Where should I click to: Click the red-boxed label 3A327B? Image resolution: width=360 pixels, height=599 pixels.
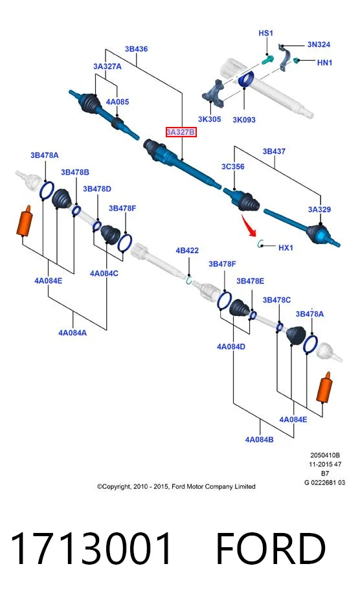pyautogui.click(x=181, y=132)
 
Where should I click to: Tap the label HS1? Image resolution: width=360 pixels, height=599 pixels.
pyautogui.click(x=265, y=33)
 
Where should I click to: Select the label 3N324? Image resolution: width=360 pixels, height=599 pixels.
pyautogui.click(x=319, y=44)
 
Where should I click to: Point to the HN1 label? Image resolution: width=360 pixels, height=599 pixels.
pyautogui.click(x=324, y=62)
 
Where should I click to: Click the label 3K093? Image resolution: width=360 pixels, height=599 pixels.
pyautogui.click(x=244, y=120)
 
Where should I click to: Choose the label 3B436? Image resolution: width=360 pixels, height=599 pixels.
pyautogui.click(x=136, y=49)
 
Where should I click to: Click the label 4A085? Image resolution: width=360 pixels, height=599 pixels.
pyautogui.click(x=117, y=102)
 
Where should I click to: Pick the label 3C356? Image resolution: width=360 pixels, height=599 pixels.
pyautogui.click(x=232, y=166)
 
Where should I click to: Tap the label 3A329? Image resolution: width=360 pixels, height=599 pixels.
pyautogui.click(x=319, y=209)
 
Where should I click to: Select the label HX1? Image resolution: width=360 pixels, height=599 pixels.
pyautogui.click(x=286, y=247)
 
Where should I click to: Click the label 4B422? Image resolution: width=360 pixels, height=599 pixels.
pyautogui.click(x=187, y=250)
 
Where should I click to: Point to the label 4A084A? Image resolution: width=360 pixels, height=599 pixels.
pyautogui.click(x=73, y=333)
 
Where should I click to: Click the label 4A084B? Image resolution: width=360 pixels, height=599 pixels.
pyautogui.click(x=259, y=439)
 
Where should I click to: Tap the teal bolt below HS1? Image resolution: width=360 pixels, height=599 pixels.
pyautogui.click(x=268, y=60)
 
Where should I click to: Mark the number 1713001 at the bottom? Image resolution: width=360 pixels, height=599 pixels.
pyautogui.click(x=91, y=548)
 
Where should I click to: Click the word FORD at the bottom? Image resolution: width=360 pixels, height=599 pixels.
pyautogui.click(x=271, y=548)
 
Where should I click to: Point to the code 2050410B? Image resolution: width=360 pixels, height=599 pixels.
pyautogui.click(x=325, y=455)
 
